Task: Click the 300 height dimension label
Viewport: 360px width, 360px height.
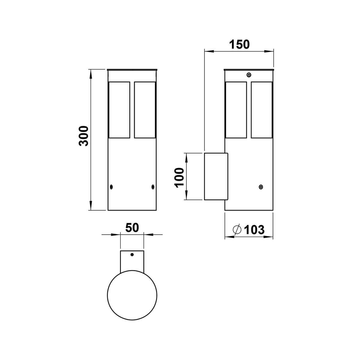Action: [83, 136]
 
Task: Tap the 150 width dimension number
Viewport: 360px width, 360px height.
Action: [239, 44]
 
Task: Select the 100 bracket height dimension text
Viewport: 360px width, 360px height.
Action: [179, 177]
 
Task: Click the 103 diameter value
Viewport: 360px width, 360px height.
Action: [254, 229]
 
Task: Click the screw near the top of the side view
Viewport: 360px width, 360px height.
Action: [249, 75]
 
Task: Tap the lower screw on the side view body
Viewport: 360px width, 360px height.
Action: [261, 187]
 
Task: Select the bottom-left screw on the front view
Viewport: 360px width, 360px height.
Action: [111, 187]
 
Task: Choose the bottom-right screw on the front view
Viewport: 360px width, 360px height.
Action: [153, 187]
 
